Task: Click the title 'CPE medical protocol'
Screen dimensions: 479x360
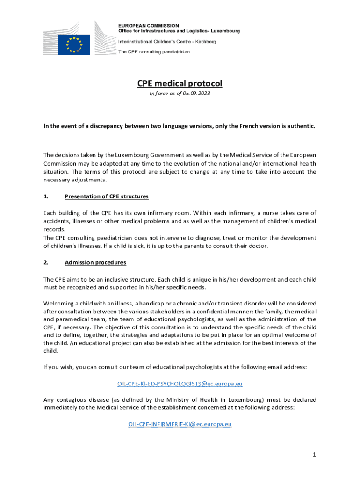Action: (180, 84)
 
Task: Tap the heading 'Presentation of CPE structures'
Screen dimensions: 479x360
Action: (107, 196)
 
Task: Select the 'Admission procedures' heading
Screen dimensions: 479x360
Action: (95, 263)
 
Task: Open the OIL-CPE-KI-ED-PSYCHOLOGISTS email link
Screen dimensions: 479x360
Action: (180, 384)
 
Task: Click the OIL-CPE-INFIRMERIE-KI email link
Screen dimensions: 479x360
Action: (180, 424)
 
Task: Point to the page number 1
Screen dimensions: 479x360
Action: (315, 454)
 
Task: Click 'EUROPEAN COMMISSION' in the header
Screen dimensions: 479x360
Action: (148, 26)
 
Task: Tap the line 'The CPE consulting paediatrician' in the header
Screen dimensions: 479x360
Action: (154, 51)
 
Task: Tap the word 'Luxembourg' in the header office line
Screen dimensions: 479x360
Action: (223, 31)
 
